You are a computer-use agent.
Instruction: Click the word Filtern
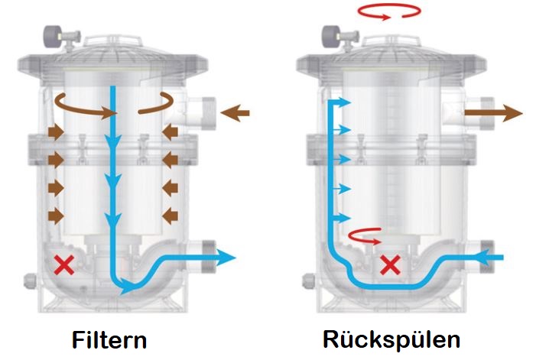point(109,339)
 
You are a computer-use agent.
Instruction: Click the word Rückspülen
point(392,339)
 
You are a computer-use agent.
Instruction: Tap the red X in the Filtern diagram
point(63,265)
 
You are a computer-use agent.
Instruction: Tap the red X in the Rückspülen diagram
point(391,265)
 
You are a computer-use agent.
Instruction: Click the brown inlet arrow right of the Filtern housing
point(235,114)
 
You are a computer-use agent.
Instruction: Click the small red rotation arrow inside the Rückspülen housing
point(364,237)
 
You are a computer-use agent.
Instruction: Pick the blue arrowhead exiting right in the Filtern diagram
point(227,258)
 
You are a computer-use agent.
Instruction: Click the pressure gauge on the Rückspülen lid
point(333,34)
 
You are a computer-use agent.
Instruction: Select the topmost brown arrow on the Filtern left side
point(56,132)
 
